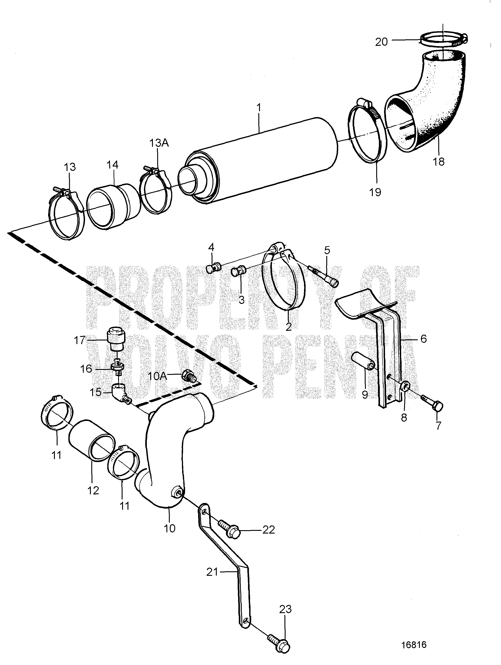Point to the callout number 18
439,162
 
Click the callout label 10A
158,376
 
